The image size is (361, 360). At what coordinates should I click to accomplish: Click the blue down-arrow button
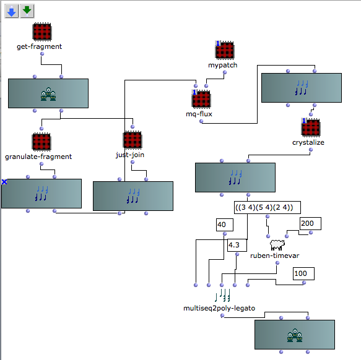pyautogui.click(x=12, y=11)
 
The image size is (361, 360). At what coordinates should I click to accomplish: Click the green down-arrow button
pyautogui.click(x=27, y=11)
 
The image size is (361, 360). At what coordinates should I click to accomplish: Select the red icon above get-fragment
pyautogui.click(x=42, y=32)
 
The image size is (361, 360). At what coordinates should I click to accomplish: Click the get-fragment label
pyautogui.click(x=40, y=46)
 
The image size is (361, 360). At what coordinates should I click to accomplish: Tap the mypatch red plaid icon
pyautogui.click(x=225, y=50)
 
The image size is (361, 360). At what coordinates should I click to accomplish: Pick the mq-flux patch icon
pyautogui.click(x=201, y=99)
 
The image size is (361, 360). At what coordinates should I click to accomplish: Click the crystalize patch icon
pyautogui.click(x=311, y=127)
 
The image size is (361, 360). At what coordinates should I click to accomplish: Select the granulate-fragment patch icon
pyautogui.click(x=41, y=142)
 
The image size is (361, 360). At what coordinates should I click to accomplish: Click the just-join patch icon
pyautogui.click(x=133, y=140)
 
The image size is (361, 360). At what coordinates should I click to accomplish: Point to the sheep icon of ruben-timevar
pyautogui.click(x=277, y=245)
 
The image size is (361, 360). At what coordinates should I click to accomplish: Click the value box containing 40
pyautogui.click(x=225, y=225)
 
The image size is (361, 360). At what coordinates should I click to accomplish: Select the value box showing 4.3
pyautogui.click(x=237, y=245)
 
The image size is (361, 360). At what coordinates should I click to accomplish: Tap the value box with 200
pyautogui.click(x=310, y=223)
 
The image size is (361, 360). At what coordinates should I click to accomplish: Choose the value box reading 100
pyautogui.click(x=303, y=274)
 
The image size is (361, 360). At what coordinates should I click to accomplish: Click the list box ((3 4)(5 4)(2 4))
pyautogui.click(x=267, y=208)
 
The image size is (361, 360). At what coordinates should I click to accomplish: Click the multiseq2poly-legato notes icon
pyautogui.click(x=222, y=296)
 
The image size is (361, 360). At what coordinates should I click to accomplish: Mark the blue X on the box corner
pyautogui.click(x=4, y=182)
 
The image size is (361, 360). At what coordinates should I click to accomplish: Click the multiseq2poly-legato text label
pyautogui.click(x=219, y=308)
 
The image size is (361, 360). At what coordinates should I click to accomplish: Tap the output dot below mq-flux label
pyautogui.click(x=201, y=121)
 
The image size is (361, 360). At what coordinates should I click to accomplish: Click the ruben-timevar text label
pyautogui.click(x=275, y=256)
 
